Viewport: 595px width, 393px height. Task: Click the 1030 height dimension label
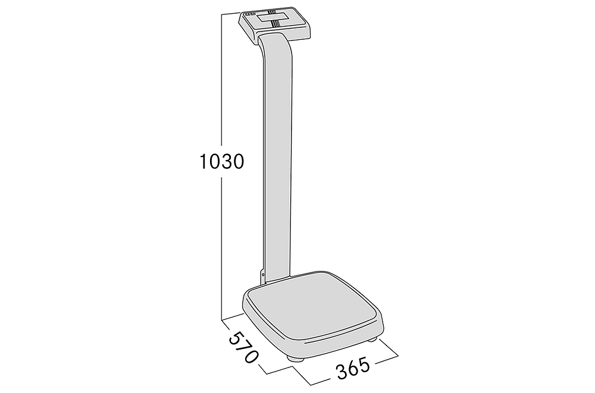(x=221, y=162)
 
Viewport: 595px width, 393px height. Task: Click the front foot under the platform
(x=295, y=359)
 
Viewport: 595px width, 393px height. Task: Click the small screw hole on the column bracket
(x=262, y=273)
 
